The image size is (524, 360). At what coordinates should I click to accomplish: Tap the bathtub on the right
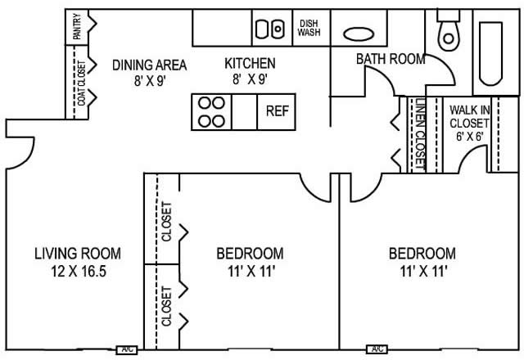(490, 53)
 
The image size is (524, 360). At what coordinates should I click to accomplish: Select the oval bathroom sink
(359, 34)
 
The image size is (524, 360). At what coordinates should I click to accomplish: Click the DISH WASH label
(309, 28)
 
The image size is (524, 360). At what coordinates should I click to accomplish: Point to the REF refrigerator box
(277, 112)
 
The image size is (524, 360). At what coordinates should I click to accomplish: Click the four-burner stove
(211, 112)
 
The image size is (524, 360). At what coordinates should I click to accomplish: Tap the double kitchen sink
(269, 29)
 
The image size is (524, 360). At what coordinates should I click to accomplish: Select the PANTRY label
(77, 26)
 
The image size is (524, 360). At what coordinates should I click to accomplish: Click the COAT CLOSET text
(82, 83)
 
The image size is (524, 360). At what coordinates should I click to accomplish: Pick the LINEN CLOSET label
(420, 134)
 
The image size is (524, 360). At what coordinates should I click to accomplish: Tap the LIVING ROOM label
(78, 254)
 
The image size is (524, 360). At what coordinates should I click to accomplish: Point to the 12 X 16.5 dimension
(79, 271)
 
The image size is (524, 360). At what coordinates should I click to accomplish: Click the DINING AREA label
(149, 65)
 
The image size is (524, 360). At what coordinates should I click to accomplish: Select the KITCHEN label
(250, 64)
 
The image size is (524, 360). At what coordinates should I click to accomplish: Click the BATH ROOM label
(391, 59)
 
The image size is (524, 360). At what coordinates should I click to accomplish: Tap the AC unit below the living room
(127, 349)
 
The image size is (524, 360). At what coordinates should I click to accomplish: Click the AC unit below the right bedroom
(377, 349)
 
